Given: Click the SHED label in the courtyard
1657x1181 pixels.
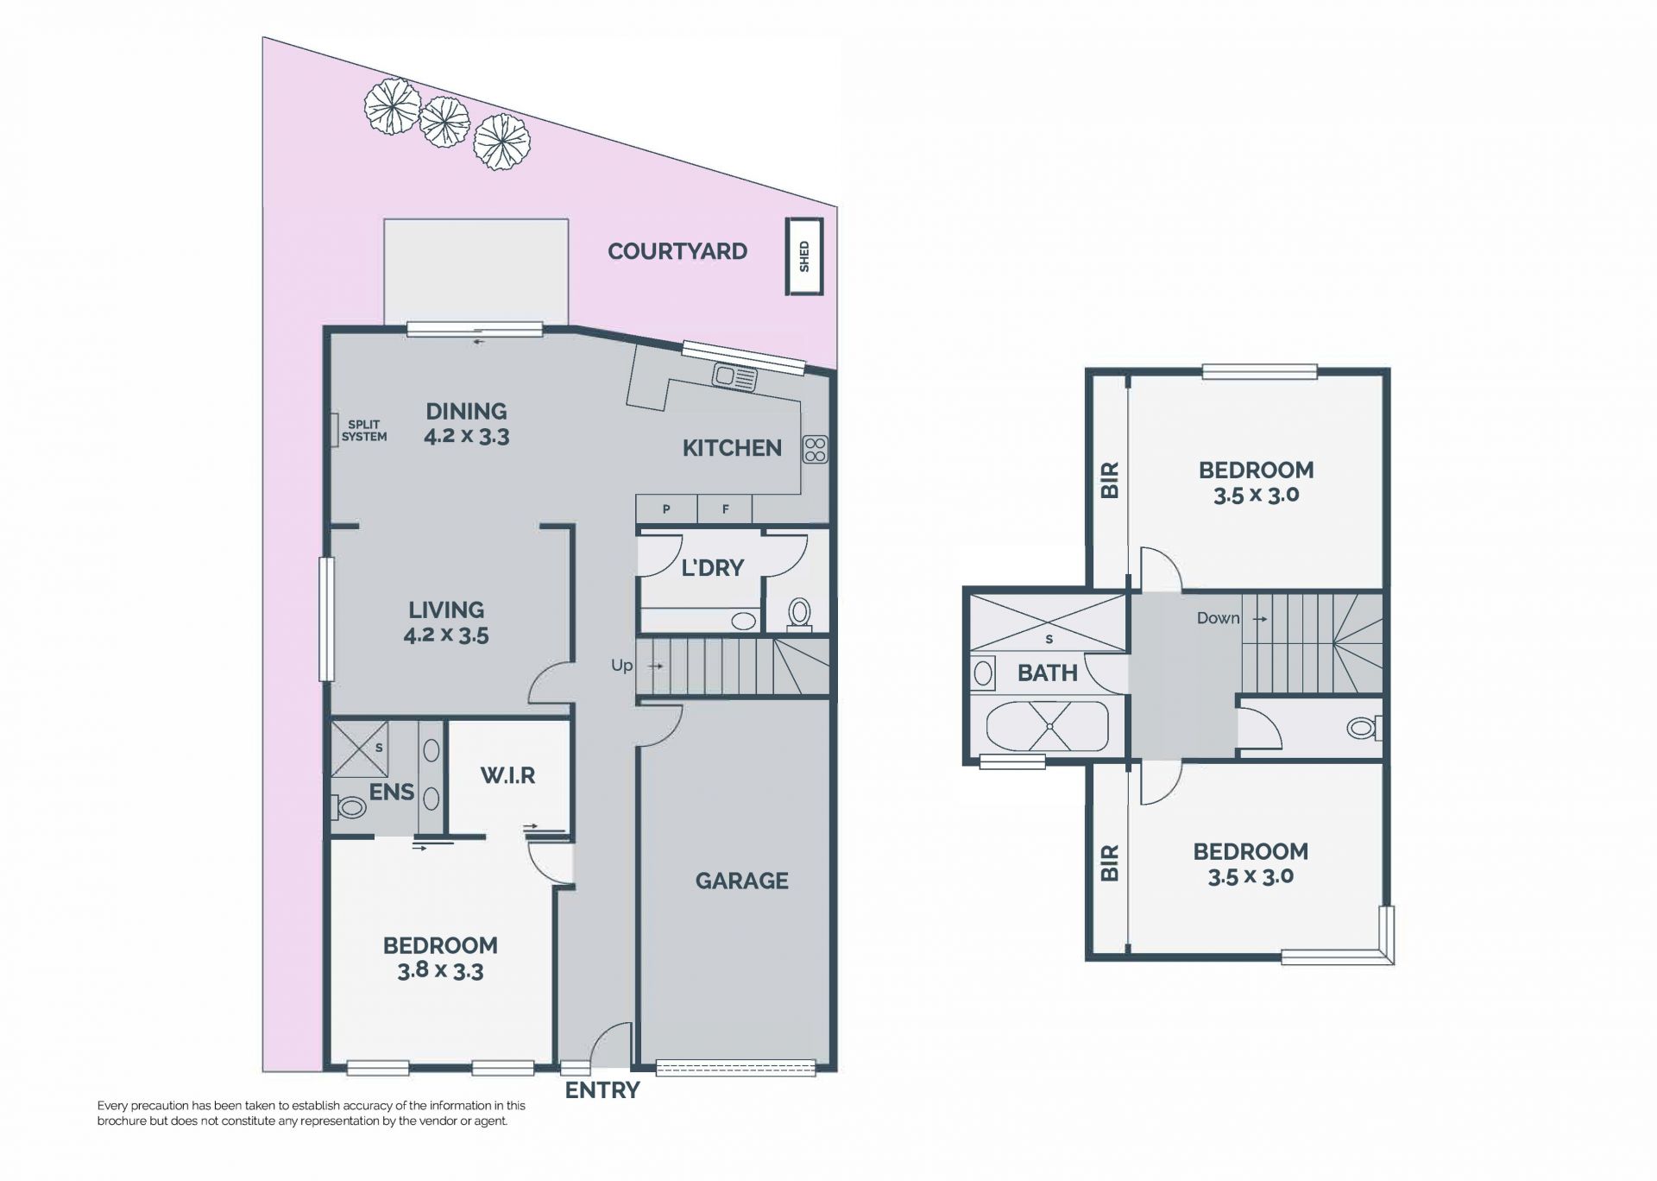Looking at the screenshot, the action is pos(804,256).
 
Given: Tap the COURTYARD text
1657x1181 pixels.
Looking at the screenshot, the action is pos(677,251).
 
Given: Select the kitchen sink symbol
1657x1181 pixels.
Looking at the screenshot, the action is pos(734,376).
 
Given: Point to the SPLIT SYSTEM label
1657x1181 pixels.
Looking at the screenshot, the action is pos(364,431).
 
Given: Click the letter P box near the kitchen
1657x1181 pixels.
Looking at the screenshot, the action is pos(666,509).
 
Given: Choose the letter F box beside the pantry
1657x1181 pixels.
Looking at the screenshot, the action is pos(725,509).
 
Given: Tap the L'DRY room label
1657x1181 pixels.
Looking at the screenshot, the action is pos(712,567).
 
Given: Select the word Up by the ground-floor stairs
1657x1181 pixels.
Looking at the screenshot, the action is pos(621,666).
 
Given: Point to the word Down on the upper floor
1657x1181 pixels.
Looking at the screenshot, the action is pos(1218,618).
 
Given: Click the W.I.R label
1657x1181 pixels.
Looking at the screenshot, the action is pos(507,775).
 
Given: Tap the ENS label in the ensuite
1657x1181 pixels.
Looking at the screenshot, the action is pos(392,792).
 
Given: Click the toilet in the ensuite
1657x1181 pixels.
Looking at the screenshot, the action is pos(350,808).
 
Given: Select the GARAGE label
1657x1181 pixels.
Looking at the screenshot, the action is pos(742,881).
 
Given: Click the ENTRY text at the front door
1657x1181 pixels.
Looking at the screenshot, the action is pos(602,1090).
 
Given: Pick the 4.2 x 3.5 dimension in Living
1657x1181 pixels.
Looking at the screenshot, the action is pos(446,636).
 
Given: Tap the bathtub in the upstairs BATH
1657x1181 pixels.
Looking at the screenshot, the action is pos(1049,727).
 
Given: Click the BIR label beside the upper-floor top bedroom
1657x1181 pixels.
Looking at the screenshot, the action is pos(1110,480).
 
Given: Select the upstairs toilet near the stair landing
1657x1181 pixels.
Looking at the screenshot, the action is pos(1364,728).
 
